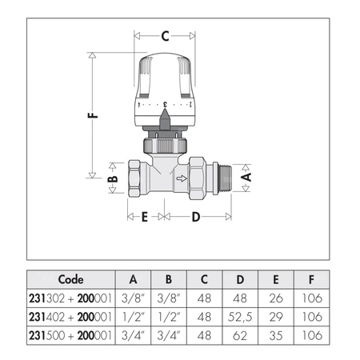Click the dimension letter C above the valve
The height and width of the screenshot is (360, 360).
point(165,35)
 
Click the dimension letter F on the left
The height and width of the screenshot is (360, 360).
point(93,114)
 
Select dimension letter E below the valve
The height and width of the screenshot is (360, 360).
point(145,217)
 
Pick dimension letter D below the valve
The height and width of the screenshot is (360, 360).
point(197,217)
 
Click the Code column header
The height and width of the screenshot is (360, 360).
point(73,280)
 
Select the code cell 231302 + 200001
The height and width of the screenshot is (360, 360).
point(73,298)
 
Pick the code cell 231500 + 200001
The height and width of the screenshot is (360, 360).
point(73,331)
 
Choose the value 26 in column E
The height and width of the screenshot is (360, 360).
point(277,298)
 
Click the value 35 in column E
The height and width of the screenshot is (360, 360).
point(277,331)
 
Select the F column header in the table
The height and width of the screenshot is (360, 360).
point(312,280)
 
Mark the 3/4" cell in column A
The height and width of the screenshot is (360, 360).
point(133,331)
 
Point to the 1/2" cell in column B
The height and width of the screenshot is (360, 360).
point(169,314)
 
